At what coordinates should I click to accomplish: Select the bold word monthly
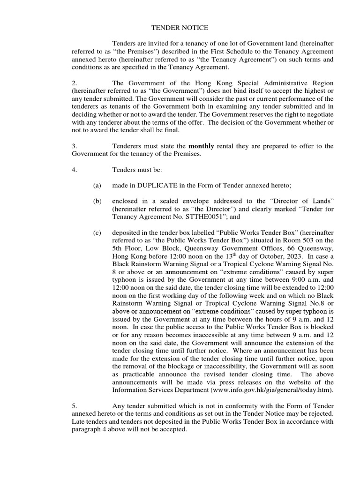[201, 146]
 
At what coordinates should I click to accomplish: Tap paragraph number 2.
[74, 83]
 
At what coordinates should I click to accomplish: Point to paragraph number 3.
[74, 146]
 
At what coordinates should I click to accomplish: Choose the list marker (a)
[97, 186]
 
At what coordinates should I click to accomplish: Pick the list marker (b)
[97, 201]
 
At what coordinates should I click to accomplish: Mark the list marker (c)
[97, 233]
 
